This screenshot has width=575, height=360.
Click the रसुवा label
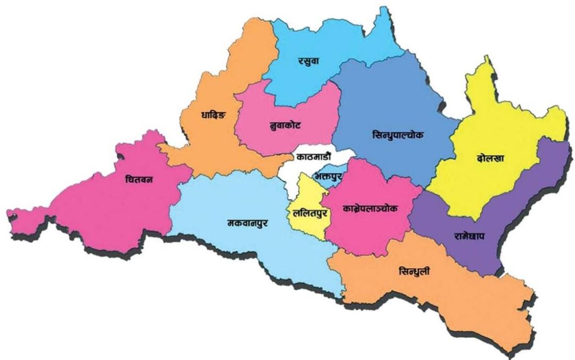coord(310,62)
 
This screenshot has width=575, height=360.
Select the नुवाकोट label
coord(286,126)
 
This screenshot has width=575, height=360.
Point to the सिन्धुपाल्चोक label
coord(398,135)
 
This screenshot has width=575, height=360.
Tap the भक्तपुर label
coord(327,175)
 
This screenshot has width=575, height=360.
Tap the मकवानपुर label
coord(247,223)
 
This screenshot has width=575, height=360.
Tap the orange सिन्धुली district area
coord(458,299)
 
